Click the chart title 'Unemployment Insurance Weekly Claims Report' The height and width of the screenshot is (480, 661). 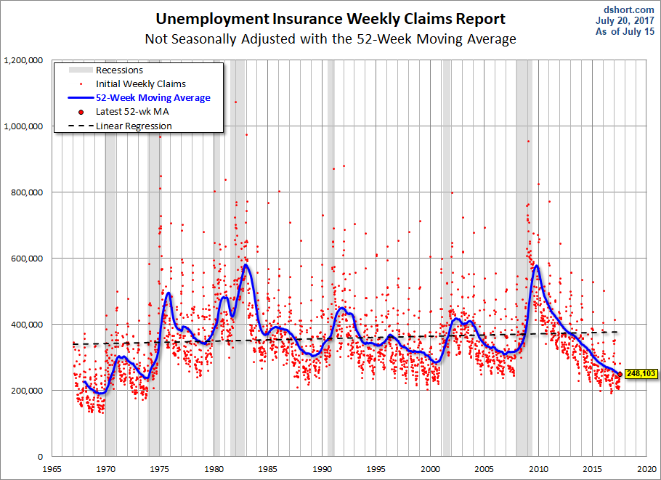(330, 19)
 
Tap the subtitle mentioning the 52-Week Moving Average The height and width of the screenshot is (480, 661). (330, 39)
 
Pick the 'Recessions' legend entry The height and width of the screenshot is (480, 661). (119, 70)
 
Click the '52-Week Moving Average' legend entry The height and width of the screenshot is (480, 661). (153, 98)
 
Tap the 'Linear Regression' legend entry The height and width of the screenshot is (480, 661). (134, 126)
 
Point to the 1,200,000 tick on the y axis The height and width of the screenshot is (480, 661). (24, 60)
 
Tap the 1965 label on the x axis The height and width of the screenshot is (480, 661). (52, 469)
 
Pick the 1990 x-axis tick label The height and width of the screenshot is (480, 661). (322, 469)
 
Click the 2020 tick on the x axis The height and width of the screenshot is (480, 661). (646, 469)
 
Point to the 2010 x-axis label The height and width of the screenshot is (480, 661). (538, 469)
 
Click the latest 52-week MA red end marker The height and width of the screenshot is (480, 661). (619, 374)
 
